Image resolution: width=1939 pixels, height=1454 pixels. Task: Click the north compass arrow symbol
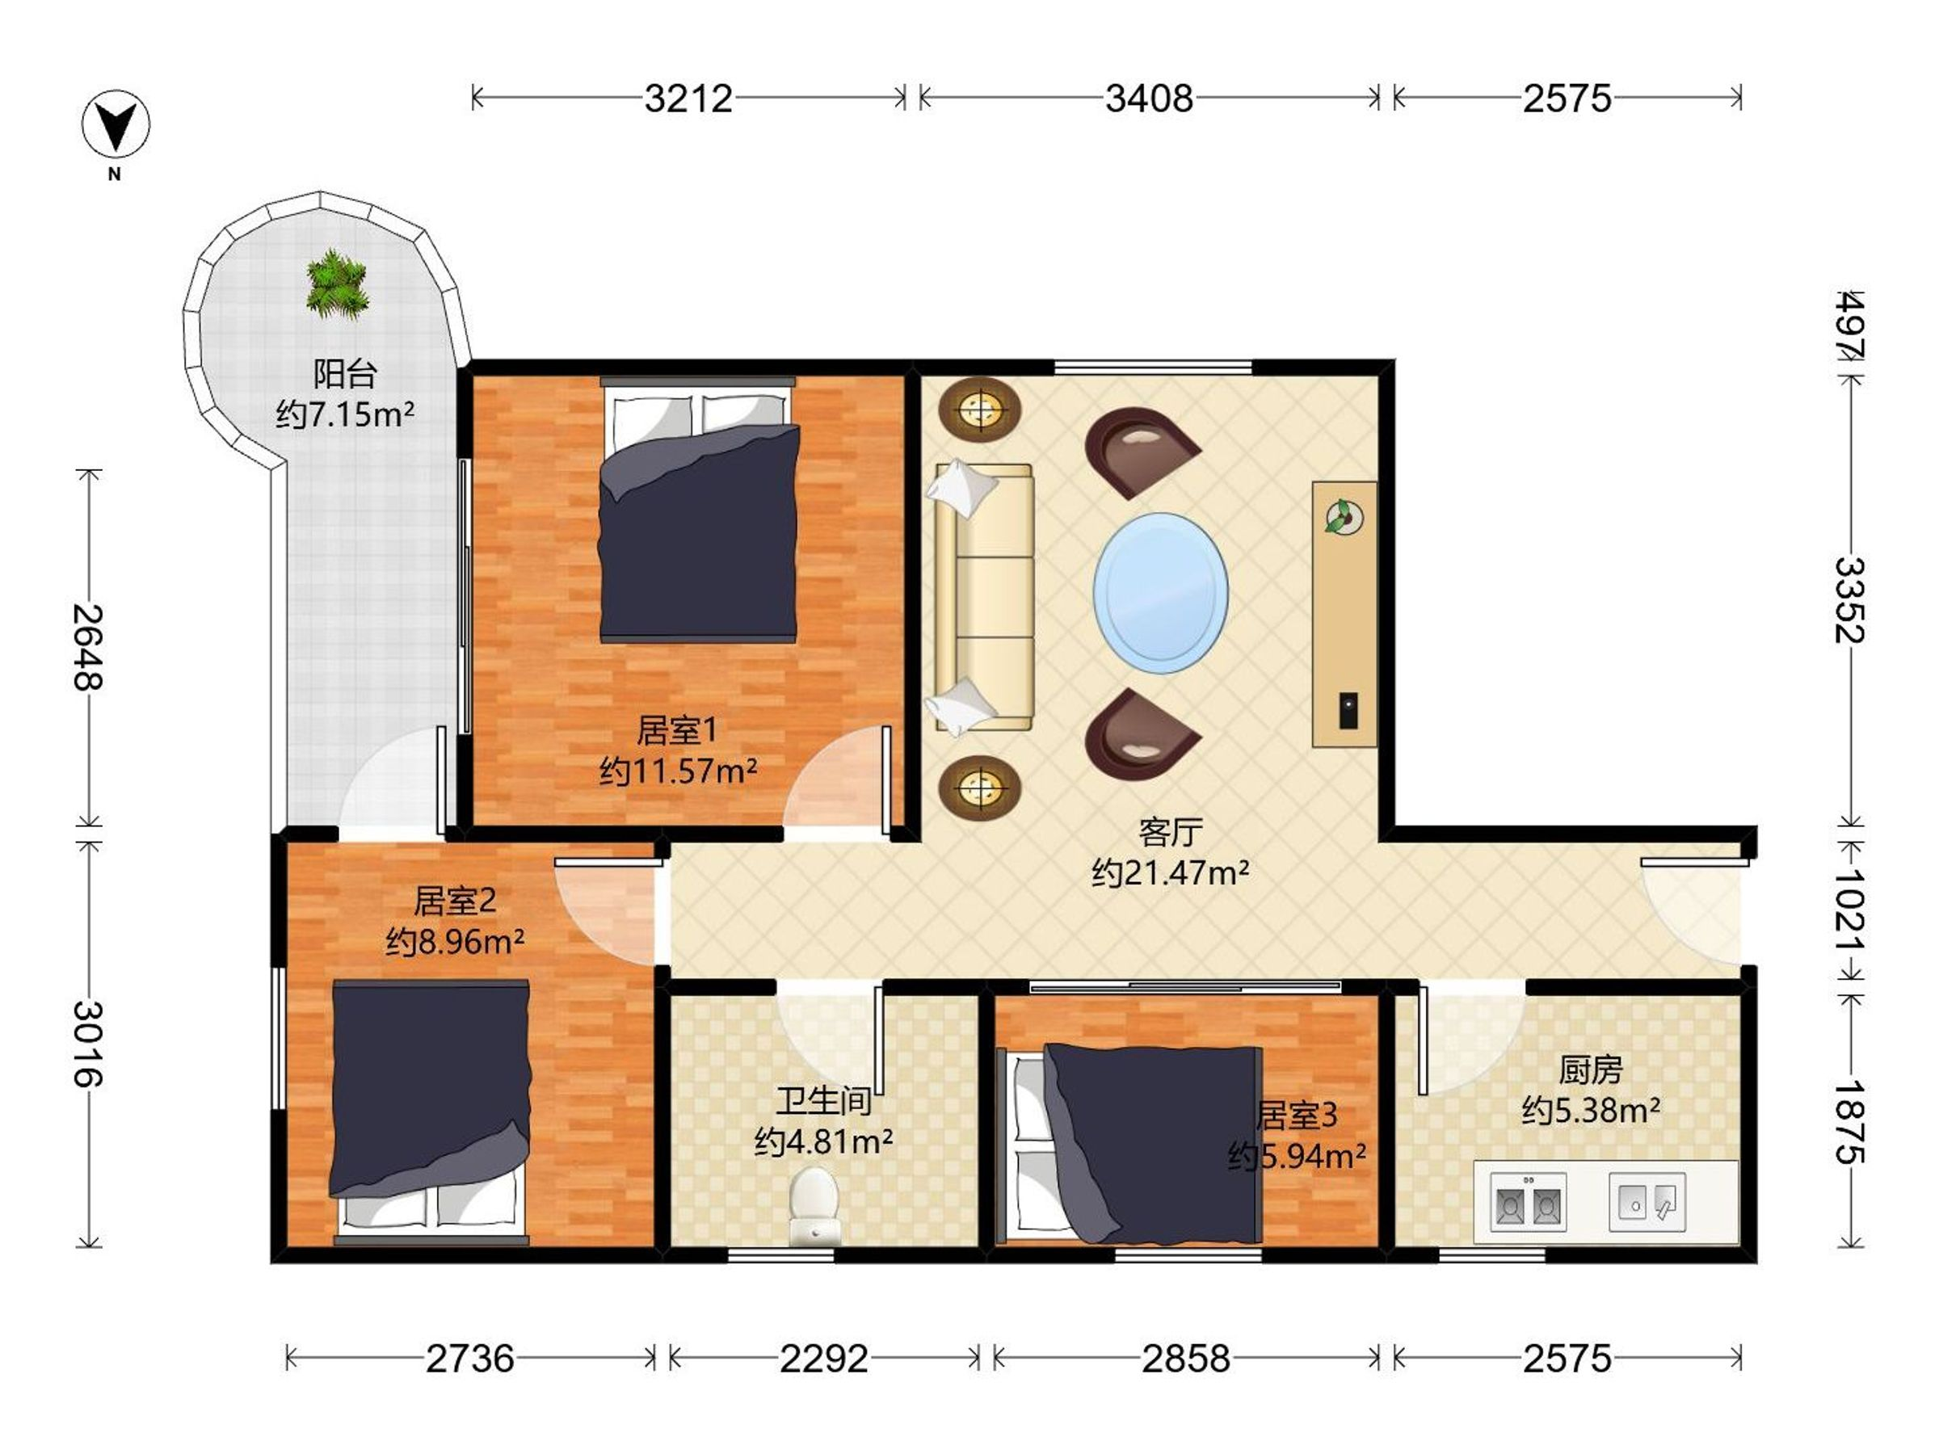point(116,124)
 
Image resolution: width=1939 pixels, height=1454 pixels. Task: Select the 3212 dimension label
point(688,99)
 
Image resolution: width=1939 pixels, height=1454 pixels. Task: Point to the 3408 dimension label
point(1148,99)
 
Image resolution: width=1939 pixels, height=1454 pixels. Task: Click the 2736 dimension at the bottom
point(470,1359)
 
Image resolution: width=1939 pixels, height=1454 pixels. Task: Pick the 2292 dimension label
point(824,1359)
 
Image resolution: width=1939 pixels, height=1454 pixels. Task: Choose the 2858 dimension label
point(1186,1359)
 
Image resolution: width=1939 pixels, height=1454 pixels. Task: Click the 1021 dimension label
point(1849,911)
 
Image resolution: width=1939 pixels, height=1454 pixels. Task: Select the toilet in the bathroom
point(814,1205)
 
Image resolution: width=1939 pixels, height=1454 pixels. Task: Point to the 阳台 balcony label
point(345,374)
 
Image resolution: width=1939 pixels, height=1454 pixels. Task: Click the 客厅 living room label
point(1170,832)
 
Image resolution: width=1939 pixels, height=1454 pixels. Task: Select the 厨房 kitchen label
point(1590,1070)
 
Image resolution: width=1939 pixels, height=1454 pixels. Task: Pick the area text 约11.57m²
point(678,771)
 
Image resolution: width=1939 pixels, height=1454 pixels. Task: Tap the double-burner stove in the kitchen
point(1529,1203)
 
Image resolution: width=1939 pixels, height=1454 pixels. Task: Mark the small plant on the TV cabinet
point(1344,516)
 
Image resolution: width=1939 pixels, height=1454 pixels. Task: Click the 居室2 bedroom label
point(455,900)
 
